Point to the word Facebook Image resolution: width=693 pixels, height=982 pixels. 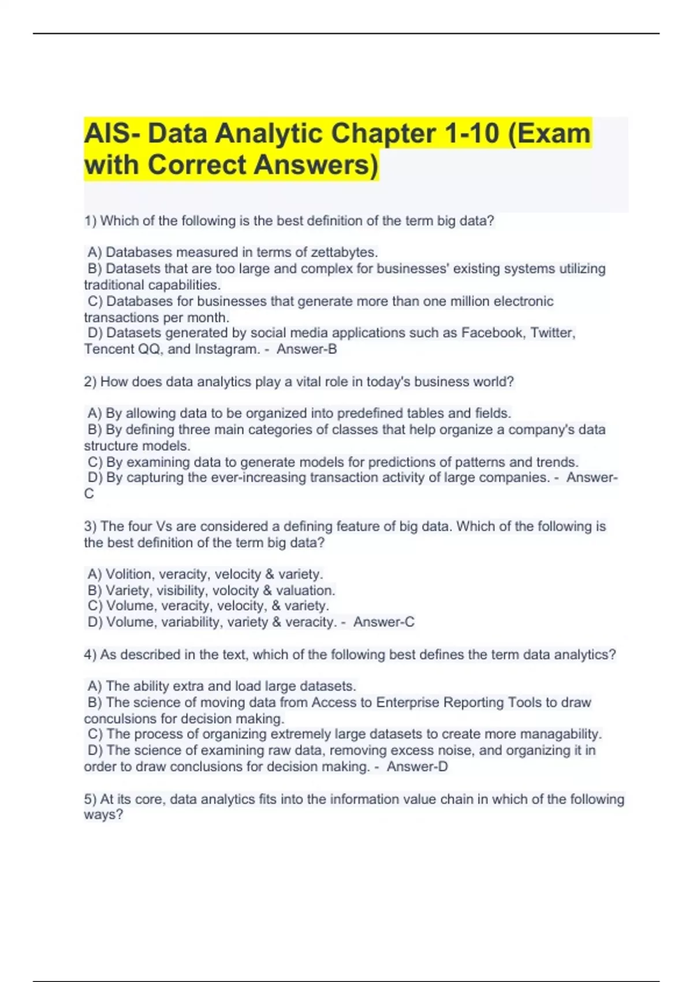[492, 333]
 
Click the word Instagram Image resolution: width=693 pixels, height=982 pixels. [227, 349]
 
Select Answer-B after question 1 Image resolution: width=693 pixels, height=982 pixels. [307, 349]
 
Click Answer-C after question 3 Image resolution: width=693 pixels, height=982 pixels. [384, 622]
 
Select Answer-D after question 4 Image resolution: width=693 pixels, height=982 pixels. [417, 767]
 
